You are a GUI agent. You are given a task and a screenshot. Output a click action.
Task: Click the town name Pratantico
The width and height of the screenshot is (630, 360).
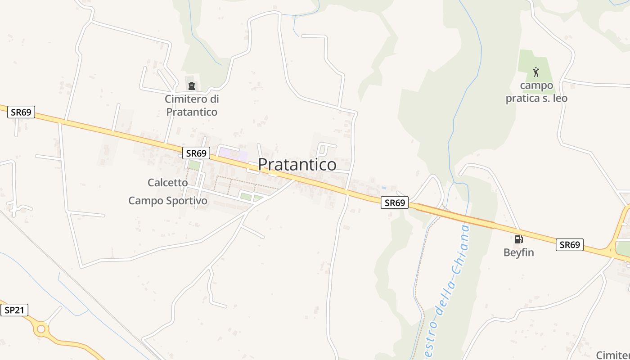coord(297,165)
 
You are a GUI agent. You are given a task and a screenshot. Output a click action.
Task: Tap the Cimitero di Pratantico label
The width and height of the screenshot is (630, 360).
coord(192,105)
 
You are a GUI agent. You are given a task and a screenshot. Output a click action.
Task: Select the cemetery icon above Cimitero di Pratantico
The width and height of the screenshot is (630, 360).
coord(192,86)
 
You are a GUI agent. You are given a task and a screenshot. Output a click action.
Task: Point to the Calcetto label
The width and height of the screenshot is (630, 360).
coord(167,183)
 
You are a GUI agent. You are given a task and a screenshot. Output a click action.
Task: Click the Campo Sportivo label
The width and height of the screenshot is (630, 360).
coord(168,201)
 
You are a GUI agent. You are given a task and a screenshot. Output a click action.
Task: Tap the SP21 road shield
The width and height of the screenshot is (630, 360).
coord(14,310)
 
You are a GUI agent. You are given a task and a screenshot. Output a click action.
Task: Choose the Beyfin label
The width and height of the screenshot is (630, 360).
coord(518,252)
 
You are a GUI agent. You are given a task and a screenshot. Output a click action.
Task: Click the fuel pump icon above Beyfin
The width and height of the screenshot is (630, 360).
coord(518,239)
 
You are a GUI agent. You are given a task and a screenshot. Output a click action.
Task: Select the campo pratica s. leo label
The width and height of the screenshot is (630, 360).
coord(536,92)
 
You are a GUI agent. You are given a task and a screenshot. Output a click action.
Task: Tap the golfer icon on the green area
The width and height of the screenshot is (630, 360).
coord(535,72)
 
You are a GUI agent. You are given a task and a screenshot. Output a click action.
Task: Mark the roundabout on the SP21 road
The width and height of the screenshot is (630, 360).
coord(41,329)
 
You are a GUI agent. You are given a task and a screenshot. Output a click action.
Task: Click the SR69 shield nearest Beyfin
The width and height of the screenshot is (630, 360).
coord(569,245)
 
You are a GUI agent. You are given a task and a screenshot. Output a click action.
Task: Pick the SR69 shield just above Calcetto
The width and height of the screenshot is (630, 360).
coord(196,153)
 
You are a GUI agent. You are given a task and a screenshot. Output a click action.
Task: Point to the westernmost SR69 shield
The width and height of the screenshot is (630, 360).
coord(21,112)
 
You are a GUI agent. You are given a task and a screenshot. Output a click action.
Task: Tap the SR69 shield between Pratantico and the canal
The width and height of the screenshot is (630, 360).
coord(395,203)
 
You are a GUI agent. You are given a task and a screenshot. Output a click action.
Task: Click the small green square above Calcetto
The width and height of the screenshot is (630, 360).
coord(194,165)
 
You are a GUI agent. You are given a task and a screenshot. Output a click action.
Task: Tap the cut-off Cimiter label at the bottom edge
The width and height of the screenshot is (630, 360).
coord(612,355)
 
